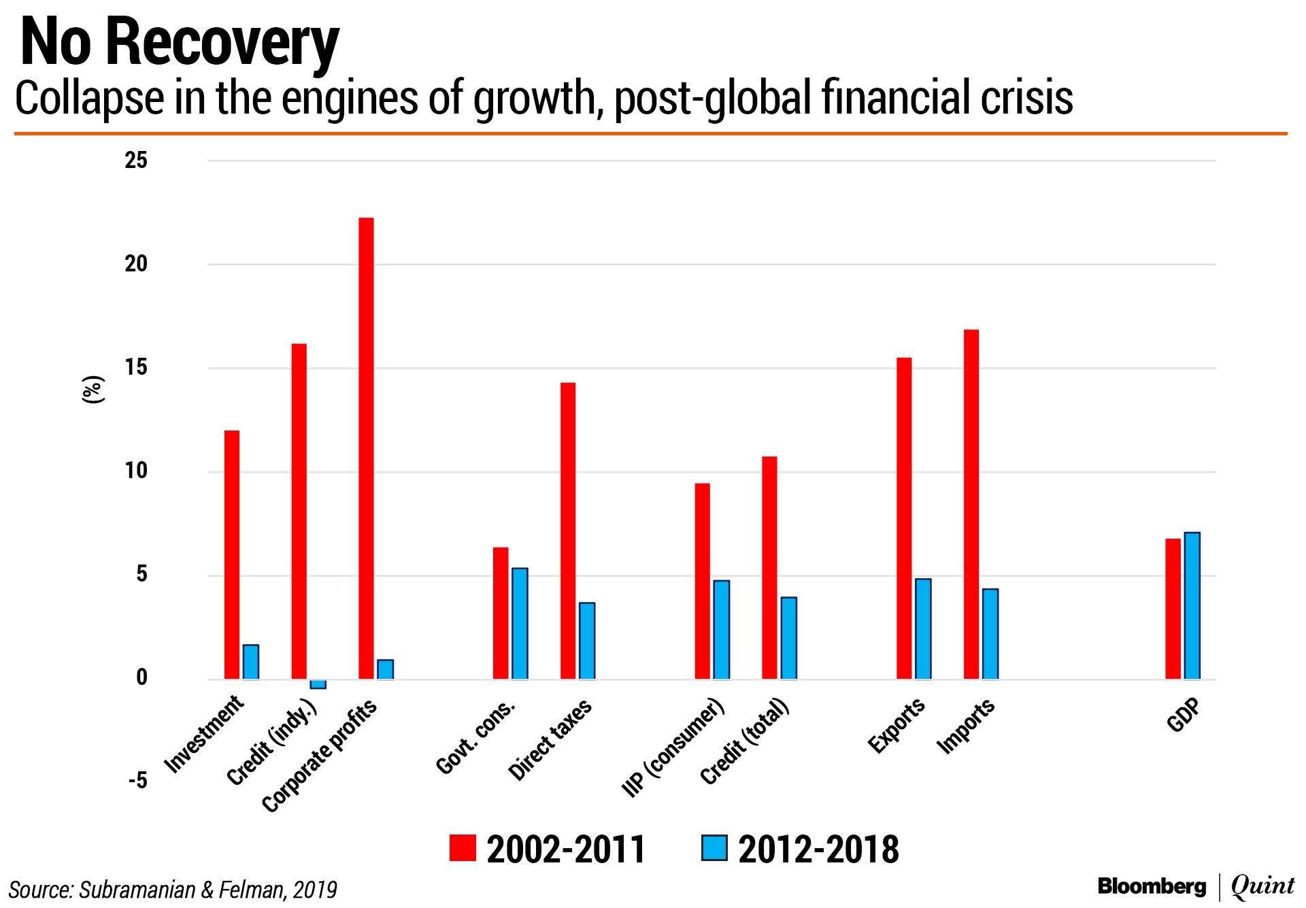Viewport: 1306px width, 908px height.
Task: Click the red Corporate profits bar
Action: (x=366, y=448)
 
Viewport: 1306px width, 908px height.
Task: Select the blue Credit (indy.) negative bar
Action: (x=318, y=684)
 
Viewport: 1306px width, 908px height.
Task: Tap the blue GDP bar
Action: (x=1192, y=606)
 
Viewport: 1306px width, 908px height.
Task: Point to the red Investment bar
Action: (x=232, y=555)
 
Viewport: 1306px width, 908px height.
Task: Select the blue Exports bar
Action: (x=923, y=629)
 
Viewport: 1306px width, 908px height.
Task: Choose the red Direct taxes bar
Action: (x=568, y=531)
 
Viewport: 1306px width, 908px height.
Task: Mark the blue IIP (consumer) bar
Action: (x=721, y=630)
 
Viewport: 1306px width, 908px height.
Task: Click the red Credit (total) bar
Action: (x=769, y=568)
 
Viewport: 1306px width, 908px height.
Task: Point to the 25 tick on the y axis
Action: (x=136, y=161)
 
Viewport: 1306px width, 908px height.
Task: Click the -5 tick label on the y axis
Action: (x=137, y=781)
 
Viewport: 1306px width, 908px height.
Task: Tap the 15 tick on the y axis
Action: (x=136, y=368)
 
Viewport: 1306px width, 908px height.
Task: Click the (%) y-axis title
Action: (x=93, y=390)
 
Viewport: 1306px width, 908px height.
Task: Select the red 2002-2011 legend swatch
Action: (x=463, y=849)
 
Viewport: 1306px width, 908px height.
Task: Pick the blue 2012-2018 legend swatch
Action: (x=714, y=849)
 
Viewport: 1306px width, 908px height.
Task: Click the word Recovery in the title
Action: (x=222, y=44)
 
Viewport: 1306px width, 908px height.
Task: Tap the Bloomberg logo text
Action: (x=1152, y=886)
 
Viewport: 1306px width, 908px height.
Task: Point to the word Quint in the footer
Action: (x=1262, y=886)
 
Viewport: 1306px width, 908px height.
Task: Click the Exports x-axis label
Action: (x=897, y=726)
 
